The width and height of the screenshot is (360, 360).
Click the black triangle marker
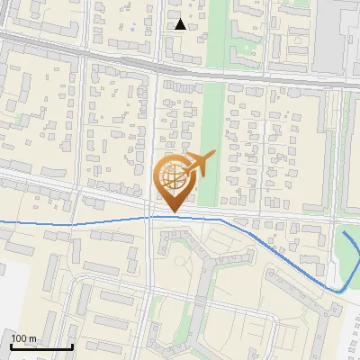coord(181,24)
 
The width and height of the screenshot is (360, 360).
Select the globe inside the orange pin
coord(173,177)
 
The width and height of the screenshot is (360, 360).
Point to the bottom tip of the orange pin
coord(173,212)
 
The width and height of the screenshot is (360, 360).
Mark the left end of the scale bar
coord(11,347)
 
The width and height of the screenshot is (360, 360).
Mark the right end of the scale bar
coord(72,347)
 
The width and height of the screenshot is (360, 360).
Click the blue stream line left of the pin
coord(72,221)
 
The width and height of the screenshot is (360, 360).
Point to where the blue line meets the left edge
coord(1,220)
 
